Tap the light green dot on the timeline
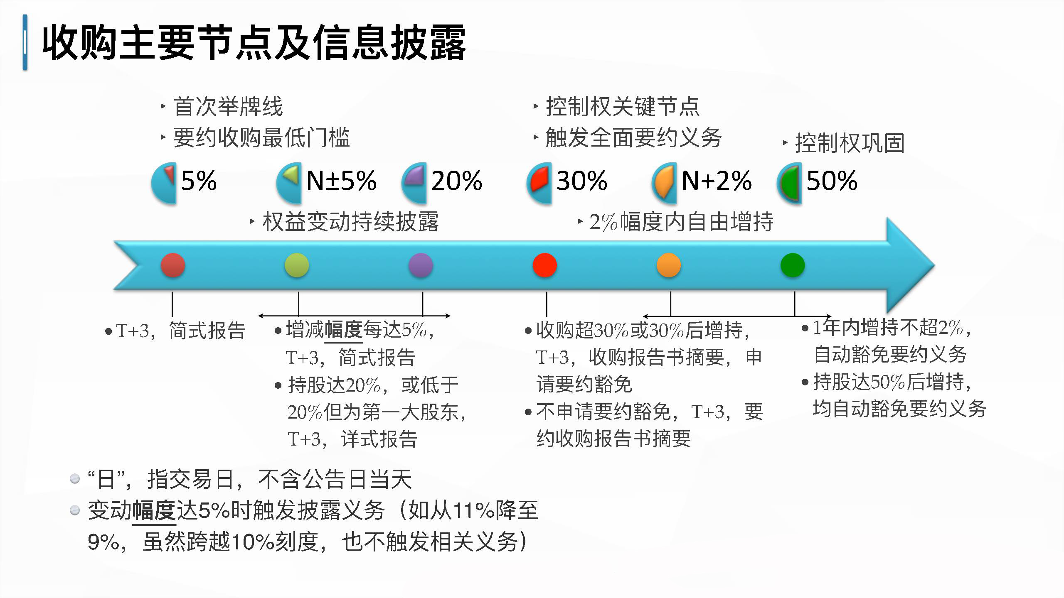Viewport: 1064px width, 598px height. (x=297, y=265)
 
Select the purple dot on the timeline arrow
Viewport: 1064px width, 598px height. (x=421, y=265)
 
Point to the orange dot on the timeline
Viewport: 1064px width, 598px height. (x=668, y=265)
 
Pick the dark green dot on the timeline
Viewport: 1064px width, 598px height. (x=793, y=265)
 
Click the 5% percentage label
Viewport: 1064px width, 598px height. (x=199, y=181)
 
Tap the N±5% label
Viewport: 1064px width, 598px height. (x=341, y=181)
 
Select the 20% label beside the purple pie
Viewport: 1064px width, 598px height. (x=457, y=181)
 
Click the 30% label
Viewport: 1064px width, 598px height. (x=582, y=181)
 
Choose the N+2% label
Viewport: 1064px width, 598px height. (x=717, y=181)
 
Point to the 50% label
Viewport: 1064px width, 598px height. (x=832, y=181)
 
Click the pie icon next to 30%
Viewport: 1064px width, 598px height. (x=539, y=183)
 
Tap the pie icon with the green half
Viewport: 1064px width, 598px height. (x=789, y=183)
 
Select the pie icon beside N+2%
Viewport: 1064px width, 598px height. (x=664, y=183)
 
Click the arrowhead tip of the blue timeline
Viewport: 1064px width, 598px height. (x=935, y=265)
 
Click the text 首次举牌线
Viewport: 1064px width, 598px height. (x=228, y=107)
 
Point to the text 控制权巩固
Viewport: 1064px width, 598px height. (x=850, y=143)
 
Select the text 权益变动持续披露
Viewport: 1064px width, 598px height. (x=351, y=222)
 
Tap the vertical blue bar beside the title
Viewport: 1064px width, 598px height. (x=25, y=42)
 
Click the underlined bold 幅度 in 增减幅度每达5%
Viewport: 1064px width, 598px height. (x=343, y=330)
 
